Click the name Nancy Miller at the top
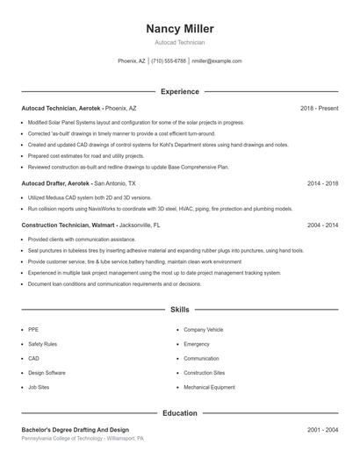(x=179, y=29)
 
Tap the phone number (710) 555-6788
(x=169, y=61)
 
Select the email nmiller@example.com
(x=216, y=61)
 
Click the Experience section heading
(x=179, y=91)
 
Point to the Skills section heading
(x=179, y=310)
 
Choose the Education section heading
(x=179, y=412)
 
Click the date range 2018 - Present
(x=319, y=108)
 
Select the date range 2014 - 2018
(x=322, y=184)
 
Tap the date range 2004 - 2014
(x=322, y=225)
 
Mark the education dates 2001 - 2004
(x=322, y=430)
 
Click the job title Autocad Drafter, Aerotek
(x=55, y=184)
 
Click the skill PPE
(x=33, y=329)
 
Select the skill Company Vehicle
(x=203, y=329)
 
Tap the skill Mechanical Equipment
(x=209, y=387)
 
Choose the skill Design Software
(x=47, y=373)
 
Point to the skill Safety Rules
(x=41, y=344)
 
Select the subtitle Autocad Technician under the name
(x=179, y=42)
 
